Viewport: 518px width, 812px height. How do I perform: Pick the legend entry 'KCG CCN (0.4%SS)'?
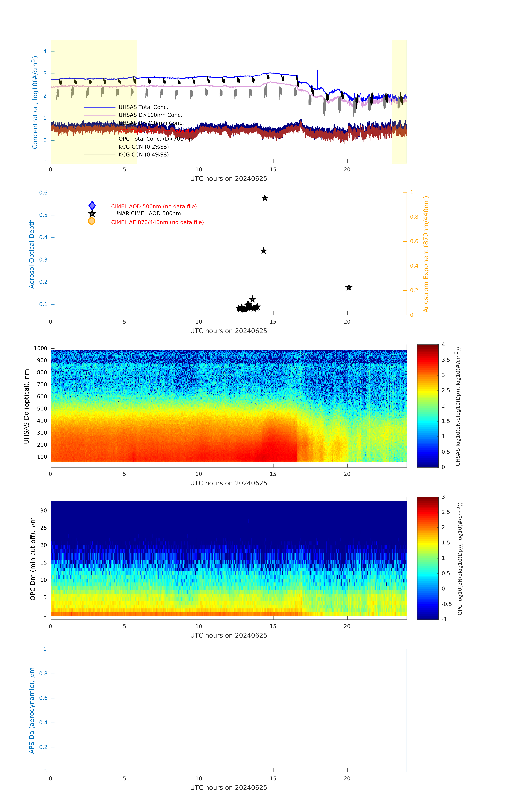click(x=143, y=155)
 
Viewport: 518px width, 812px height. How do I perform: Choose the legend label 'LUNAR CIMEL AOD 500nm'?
click(x=146, y=213)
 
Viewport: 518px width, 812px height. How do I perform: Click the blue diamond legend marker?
click(x=92, y=206)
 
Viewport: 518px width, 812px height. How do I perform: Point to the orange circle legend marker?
click(x=91, y=221)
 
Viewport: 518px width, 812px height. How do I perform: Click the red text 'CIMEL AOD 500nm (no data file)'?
click(x=154, y=206)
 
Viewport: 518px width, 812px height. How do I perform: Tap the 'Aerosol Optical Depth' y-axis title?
click(x=32, y=254)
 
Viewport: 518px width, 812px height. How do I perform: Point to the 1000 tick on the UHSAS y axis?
click(x=40, y=348)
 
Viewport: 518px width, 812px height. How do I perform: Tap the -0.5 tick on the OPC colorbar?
click(x=446, y=604)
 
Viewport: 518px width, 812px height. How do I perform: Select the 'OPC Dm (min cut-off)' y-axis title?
click(x=33, y=559)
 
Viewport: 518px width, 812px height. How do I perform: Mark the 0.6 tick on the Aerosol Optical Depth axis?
click(x=43, y=193)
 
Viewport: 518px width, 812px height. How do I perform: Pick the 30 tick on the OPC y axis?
click(x=43, y=510)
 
